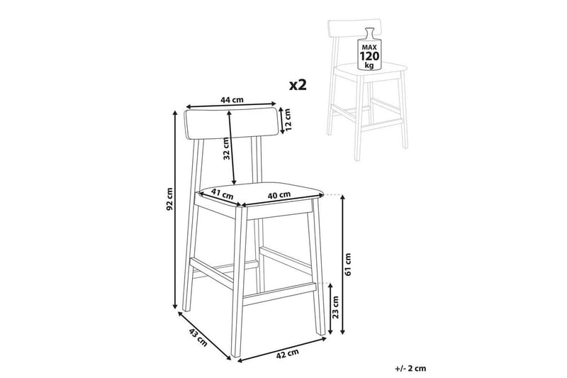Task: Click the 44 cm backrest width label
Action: (232, 100)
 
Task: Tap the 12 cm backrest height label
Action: (288, 121)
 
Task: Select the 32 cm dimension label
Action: (226, 149)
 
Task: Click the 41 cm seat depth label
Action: (222, 194)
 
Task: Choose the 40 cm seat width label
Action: (279, 195)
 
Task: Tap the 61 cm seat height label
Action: (348, 265)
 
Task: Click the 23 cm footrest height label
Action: (335, 307)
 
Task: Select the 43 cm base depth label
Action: (198, 338)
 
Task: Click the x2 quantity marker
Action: (298, 85)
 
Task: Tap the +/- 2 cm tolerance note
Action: (410, 369)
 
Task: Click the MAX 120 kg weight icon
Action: (369, 48)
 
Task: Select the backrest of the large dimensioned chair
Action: (231, 123)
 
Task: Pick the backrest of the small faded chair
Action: (354, 29)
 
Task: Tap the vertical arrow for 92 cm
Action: (175, 210)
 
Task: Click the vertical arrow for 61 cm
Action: (343, 265)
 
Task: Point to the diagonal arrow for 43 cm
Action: (205, 335)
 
